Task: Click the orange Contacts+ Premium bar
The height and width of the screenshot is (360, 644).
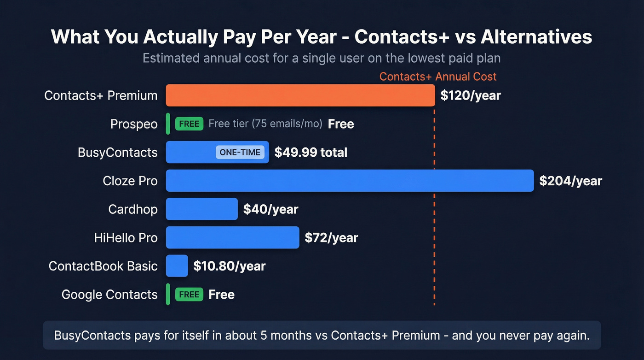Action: point(300,95)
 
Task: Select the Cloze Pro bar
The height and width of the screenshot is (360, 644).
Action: point(350,181)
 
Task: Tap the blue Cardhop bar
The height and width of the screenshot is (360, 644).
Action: point(201,209)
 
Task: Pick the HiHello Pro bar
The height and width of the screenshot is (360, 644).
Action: point(232,238)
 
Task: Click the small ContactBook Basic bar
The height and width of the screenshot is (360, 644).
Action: point(177,266)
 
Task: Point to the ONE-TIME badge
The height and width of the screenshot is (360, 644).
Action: point(240,153)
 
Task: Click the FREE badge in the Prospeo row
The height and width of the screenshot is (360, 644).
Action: point(189,124)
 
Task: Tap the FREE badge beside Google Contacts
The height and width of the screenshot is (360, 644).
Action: point(189,295)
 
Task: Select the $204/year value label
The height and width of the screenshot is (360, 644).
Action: point(570,181)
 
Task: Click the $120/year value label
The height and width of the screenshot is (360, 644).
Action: point(471,95)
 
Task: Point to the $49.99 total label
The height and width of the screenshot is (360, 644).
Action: point(311,153)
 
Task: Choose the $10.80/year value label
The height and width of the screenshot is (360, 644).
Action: point(229,266)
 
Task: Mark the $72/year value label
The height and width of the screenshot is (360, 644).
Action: point(331,238)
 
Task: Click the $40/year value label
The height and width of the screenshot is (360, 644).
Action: point(270,209)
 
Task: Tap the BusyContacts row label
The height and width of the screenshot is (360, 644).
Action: point(118,153)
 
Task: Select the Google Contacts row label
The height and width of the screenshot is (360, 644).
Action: point(109,295)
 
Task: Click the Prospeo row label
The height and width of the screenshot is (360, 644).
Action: point(134,124)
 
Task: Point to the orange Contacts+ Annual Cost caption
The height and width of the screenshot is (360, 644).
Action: point(438,77)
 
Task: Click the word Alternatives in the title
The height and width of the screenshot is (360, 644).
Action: point(536,37)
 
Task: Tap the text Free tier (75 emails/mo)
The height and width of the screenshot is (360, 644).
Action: point(265,124)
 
